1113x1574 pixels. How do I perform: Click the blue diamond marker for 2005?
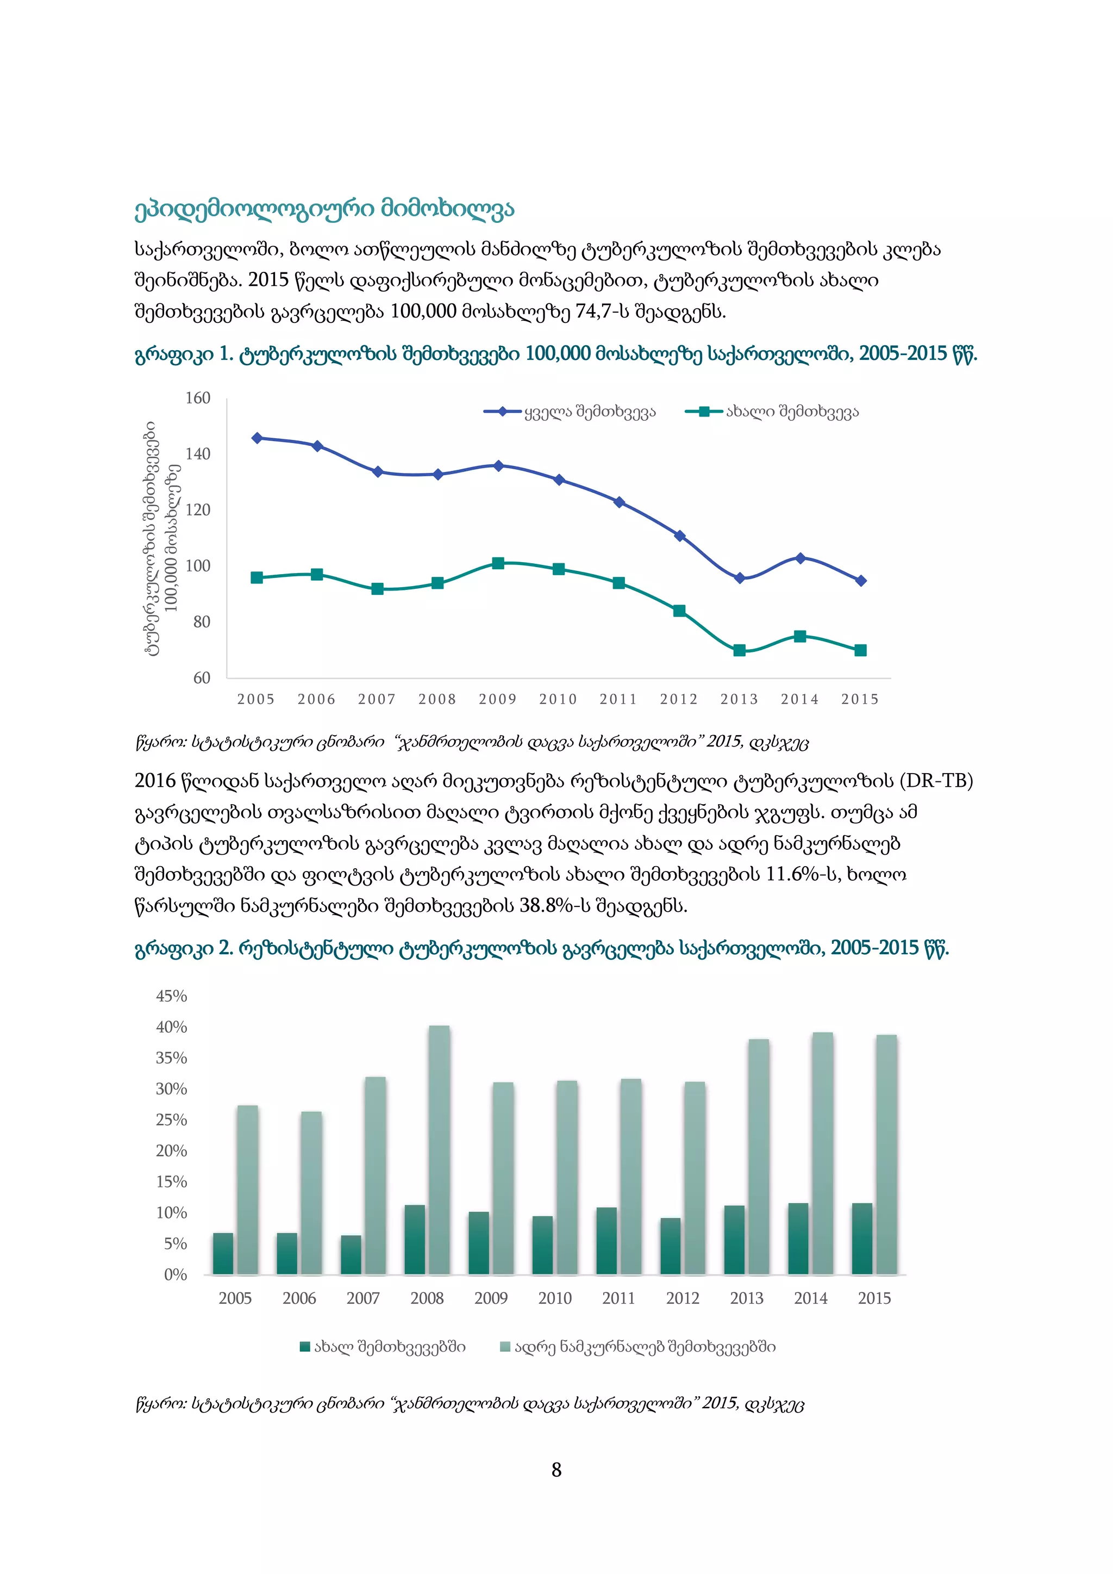coord(257,438)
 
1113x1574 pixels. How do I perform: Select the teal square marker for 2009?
coord(498,563)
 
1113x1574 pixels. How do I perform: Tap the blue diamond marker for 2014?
coord(800,558)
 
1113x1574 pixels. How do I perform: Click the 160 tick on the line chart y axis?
coord(198,399)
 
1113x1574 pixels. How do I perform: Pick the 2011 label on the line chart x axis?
coord(618,699)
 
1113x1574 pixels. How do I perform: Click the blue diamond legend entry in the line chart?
coord(502,412)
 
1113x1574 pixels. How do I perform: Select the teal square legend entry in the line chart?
coord(704,412)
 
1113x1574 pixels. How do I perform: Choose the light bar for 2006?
coord(311,1193)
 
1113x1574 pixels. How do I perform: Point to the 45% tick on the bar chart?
coord(171,996)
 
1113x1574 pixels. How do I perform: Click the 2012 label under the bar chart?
coord(683,1298)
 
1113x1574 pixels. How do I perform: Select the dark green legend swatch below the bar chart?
coord(305,1347)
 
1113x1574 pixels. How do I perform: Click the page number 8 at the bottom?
coord(556,1470)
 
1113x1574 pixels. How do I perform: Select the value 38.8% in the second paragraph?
coord(546,906)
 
